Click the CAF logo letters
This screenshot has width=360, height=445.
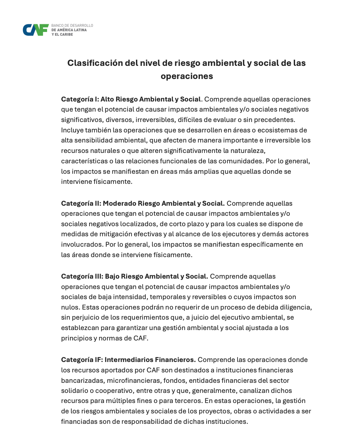[x=36, y=30]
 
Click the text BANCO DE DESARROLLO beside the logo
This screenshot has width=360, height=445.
[x=72, y=26]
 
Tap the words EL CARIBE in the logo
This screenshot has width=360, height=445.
[x=64, y=35]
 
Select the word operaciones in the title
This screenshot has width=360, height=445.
[x=187, y=76]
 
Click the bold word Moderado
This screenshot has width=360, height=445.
[x=119, y=204]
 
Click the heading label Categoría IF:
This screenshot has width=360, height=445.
[x=82, y=360]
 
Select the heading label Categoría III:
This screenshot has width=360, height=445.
[x=82, y=277]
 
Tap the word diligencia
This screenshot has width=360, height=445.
[x=294, y=308]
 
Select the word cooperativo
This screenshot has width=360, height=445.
[x=114, y=391]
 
